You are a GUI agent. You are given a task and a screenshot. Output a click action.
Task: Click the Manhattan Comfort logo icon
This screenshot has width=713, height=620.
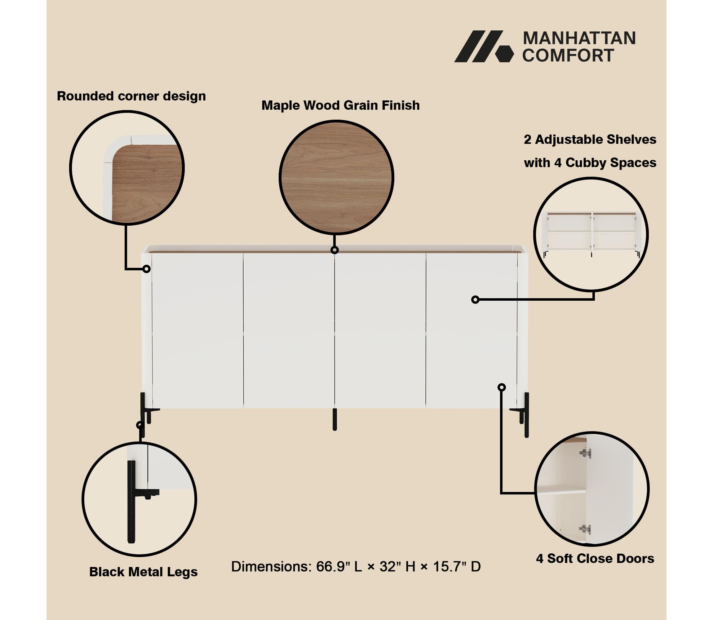[484, 46]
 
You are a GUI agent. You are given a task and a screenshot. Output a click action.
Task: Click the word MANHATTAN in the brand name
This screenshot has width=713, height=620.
[579, 38]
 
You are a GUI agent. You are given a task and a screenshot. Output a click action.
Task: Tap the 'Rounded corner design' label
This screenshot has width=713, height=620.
[131, 96]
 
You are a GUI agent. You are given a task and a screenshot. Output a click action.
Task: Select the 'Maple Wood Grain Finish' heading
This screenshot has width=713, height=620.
[340, 105]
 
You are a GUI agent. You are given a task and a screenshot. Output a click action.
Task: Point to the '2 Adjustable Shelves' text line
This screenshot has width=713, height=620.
[590, 139]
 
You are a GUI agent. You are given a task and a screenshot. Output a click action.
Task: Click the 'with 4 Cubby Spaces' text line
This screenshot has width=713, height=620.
[590, 163]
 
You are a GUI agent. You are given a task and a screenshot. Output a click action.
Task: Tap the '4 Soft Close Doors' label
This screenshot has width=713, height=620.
[595, 558]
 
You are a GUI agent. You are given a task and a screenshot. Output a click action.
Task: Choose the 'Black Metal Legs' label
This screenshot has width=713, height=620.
[143, 572]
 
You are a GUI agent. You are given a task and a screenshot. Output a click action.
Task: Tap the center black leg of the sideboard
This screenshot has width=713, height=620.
[334, 419]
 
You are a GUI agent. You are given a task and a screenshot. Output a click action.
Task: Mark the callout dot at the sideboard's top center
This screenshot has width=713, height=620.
[334, 250]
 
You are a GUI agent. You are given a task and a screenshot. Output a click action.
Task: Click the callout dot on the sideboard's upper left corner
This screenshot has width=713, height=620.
[146, 269]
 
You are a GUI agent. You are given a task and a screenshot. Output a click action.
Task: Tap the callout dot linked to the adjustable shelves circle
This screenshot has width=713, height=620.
[475, 300]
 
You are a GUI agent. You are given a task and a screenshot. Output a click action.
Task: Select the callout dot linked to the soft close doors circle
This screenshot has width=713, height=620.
[502, 387]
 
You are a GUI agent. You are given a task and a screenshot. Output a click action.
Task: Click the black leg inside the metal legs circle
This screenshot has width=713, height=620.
[132, 502]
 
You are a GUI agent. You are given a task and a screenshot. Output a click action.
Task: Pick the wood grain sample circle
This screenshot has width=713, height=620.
[336, 178]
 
